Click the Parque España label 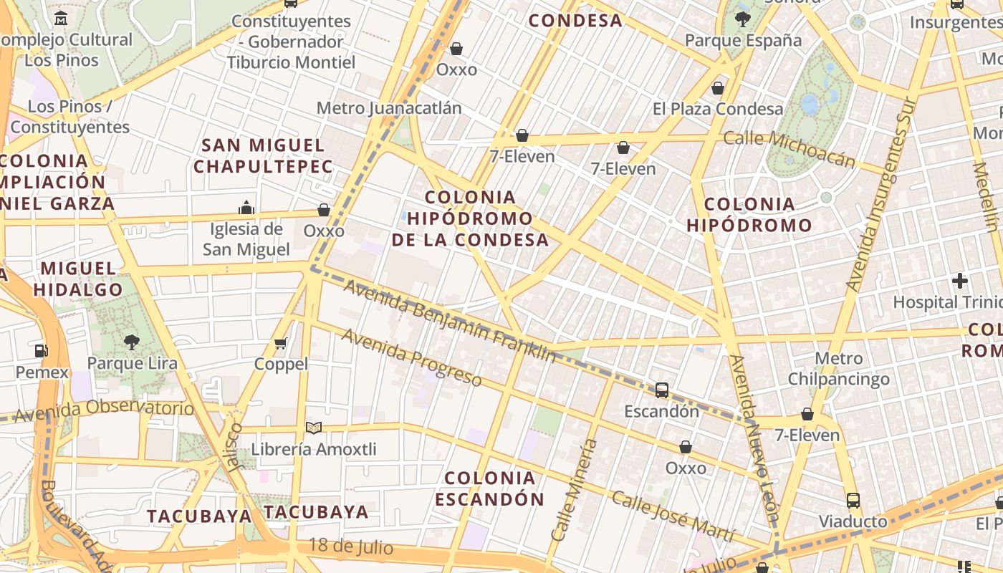coord(743,41)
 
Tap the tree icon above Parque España coord(743,19)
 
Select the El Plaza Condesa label coord(718,109)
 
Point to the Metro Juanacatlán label coord(389,108)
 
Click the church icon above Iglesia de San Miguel coord(246,208)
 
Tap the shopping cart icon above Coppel coord(281,344)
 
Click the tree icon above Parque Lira coord(131,342)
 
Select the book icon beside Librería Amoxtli coord(313,428)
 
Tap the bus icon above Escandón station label coord(662,390)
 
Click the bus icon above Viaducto coord(853,500)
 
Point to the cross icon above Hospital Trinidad coord(960,281)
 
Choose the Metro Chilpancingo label coord(839,369)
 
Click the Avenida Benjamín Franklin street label coord(449,322)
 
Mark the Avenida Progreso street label coord(411,357)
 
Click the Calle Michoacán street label coord(789,148)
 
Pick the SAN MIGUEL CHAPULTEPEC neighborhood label coord(263,156)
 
